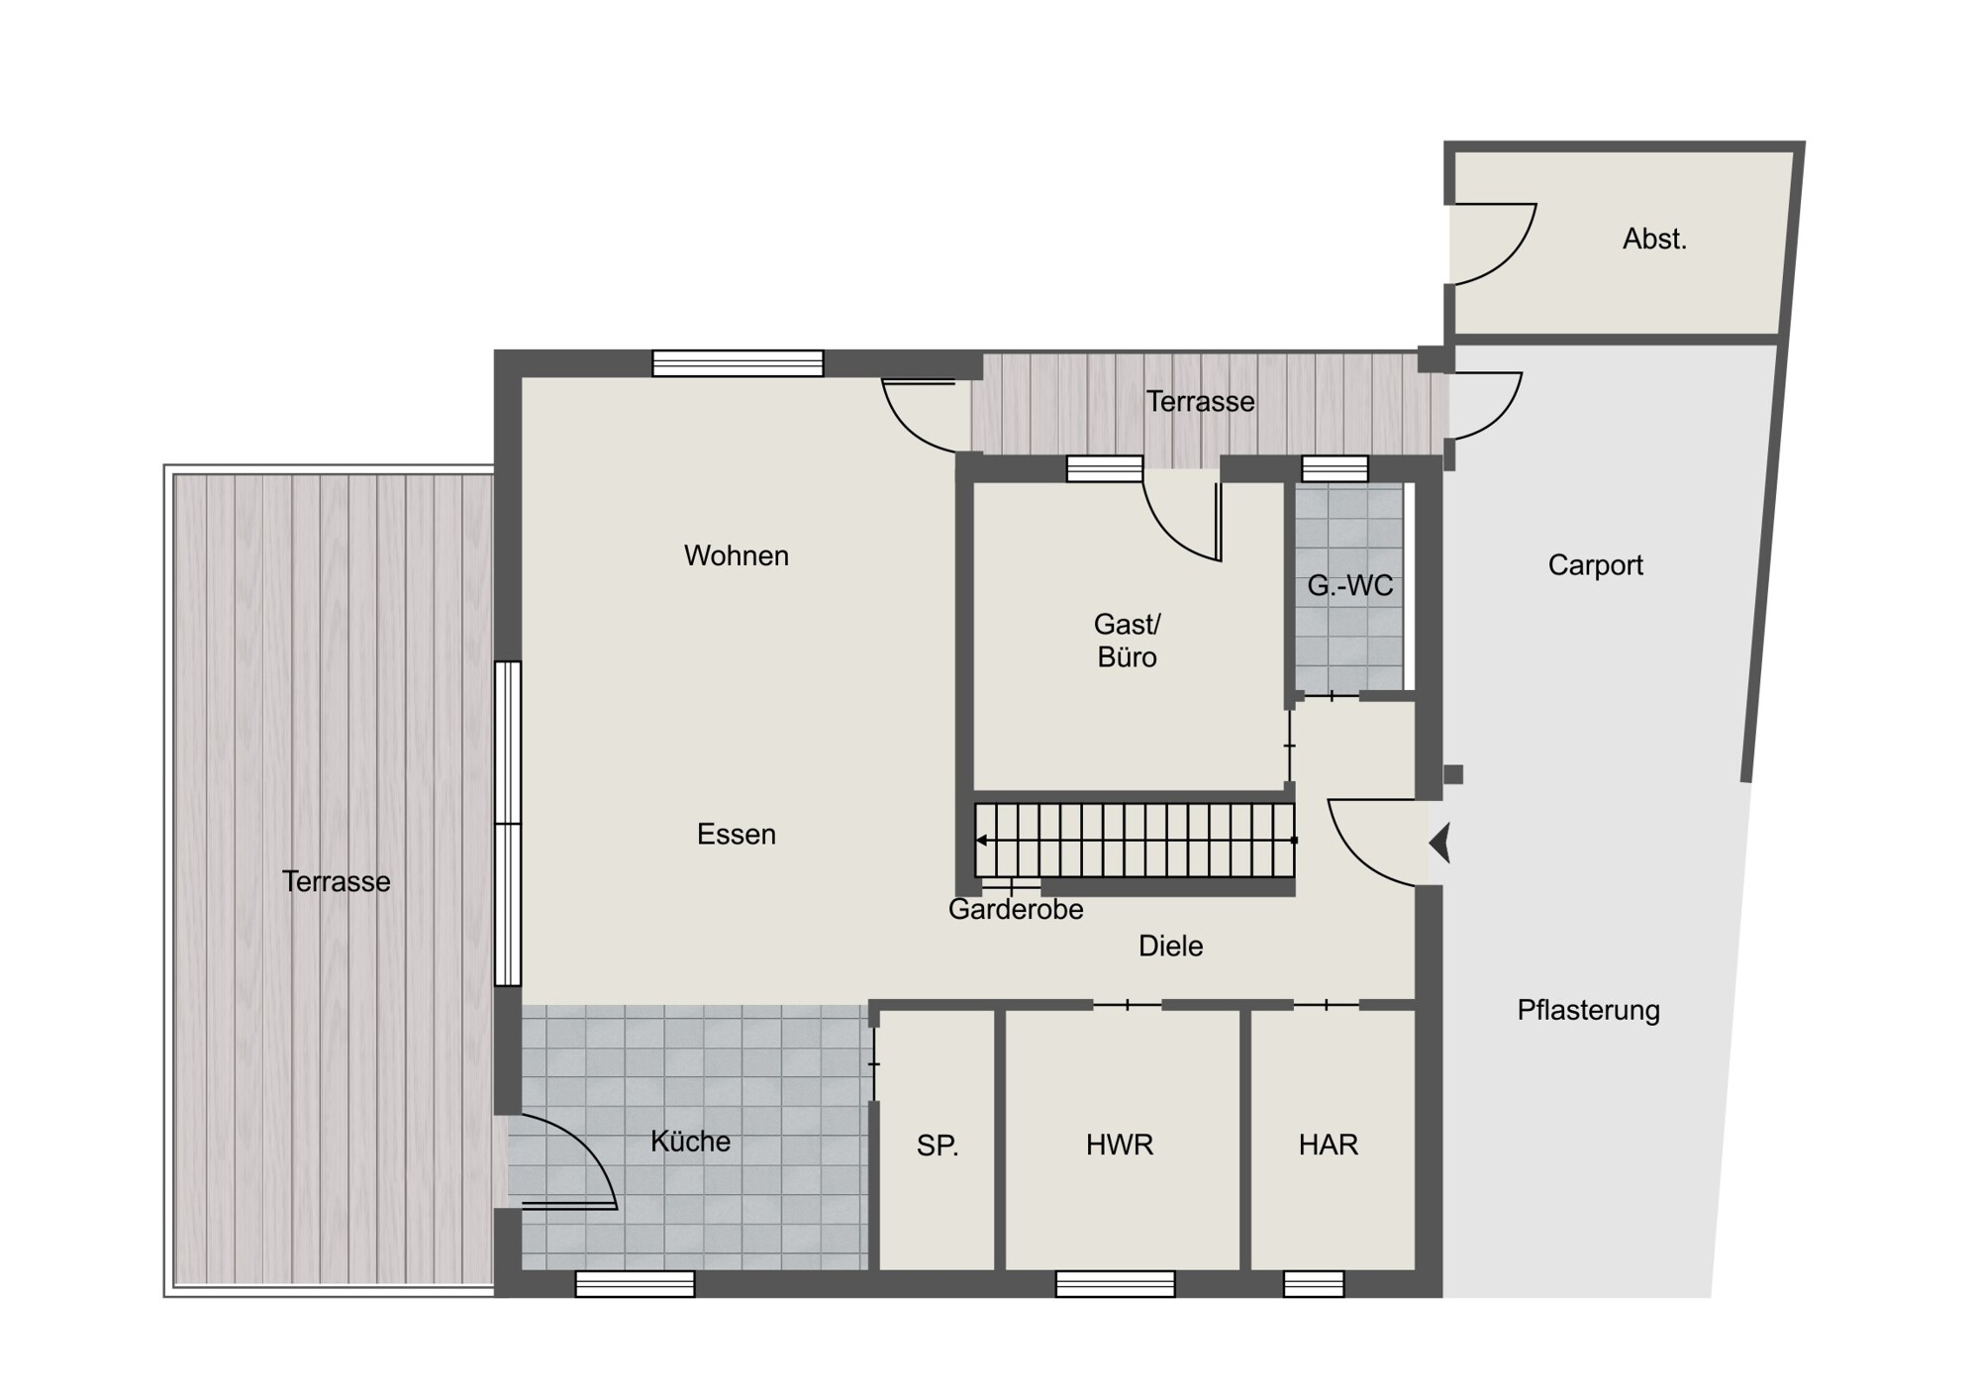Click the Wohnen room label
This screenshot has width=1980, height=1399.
(736, 555)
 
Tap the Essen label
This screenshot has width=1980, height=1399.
(736, 834)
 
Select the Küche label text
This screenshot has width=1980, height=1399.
(690, 1141)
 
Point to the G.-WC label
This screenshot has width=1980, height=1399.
(1349, 585)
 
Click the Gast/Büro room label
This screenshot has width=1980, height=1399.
(1127, 641)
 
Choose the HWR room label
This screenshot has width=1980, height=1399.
(1119, 1145)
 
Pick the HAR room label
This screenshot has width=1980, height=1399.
(1328, 1145)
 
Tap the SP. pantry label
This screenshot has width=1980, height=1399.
(937, 1146)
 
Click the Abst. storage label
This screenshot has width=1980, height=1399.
(1654, 239)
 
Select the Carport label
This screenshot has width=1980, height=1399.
(1595, 565)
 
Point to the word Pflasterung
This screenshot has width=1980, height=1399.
(1588, 1010)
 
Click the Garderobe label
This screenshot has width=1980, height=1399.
(1016, 909)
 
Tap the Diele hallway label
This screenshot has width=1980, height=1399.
(1170, 946)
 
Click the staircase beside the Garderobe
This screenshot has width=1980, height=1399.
(1135, 841)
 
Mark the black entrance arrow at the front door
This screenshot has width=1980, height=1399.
(1439, 843)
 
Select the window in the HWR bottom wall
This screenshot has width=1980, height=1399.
(1115, 1283)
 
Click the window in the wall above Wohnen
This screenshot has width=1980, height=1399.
(738, 363)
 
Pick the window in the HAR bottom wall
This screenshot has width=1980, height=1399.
(1314, 1283)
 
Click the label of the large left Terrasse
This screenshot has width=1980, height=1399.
(336, 881)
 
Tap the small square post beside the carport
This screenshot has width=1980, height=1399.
(1453, 774)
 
